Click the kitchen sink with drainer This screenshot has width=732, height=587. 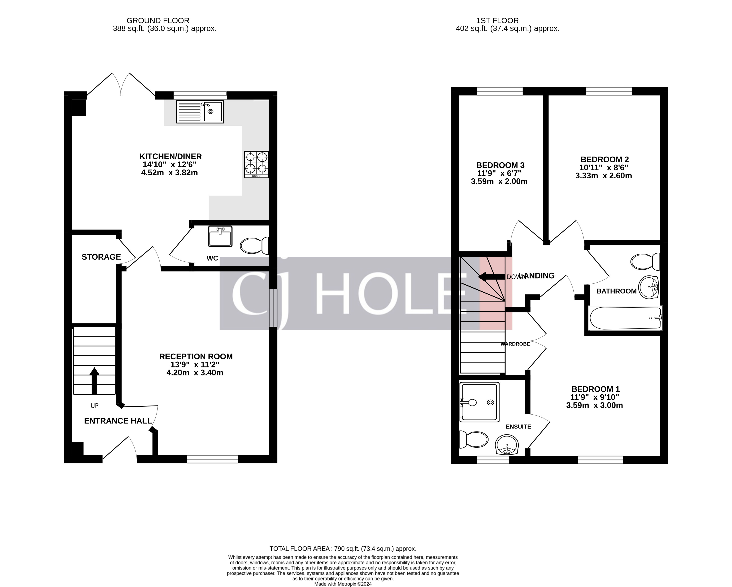pos(200,112)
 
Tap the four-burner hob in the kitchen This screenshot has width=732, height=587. pos(256,164)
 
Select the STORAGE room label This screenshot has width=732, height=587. pos(101,257)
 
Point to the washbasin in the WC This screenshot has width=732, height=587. pos(220,236)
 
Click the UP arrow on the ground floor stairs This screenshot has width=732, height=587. pos(94,381)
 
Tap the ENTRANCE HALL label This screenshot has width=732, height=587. pos(118,421)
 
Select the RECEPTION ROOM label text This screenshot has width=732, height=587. pos(196,357)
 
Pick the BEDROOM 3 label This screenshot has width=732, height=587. pos(500,165)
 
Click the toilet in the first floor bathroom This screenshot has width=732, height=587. pos(645,262)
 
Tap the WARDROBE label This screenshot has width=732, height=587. pos(515,344)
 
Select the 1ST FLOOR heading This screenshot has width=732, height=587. pos(498,21)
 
